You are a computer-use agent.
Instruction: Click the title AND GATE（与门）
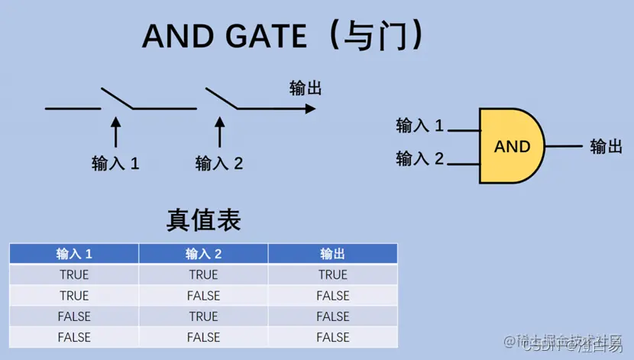click(283, 35)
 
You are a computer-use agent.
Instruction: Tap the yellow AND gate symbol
click(510, 146)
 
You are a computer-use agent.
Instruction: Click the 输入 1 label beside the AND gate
click(419, 125)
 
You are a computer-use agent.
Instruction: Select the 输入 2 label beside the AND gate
click(419, 158)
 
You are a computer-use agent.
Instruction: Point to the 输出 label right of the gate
click(607, 146)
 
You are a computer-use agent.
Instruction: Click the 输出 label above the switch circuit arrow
click(306, 88)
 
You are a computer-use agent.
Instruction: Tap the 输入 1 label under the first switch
click(115, 163)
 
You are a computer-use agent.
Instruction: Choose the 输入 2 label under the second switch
click(219, 163)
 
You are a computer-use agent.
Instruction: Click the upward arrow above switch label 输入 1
click(115, 131)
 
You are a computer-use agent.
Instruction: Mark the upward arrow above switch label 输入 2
click(219, 131)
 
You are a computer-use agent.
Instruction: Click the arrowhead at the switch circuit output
click(309, 109)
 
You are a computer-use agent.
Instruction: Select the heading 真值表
click(203, 220)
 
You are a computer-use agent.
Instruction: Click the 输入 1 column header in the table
click(74, 254)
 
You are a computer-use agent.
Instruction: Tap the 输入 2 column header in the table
click(203, 254)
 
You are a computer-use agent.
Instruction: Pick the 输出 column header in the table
click(333, 254)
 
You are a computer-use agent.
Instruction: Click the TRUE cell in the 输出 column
click(333, 274)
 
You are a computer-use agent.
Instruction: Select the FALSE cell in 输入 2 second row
click(203, 295)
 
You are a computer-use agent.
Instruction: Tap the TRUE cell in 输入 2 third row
click(203, 316)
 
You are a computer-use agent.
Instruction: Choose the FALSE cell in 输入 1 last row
click(74, 336)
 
